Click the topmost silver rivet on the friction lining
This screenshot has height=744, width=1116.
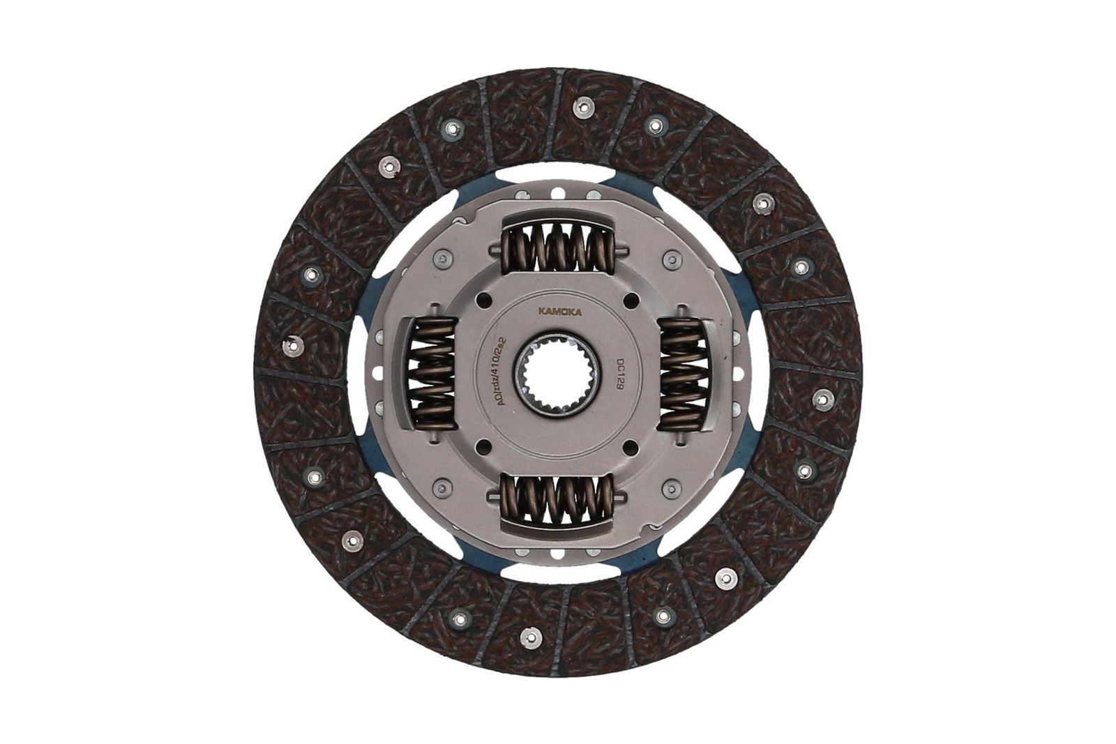coord(580,107)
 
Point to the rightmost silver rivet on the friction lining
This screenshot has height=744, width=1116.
coord(822,398)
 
